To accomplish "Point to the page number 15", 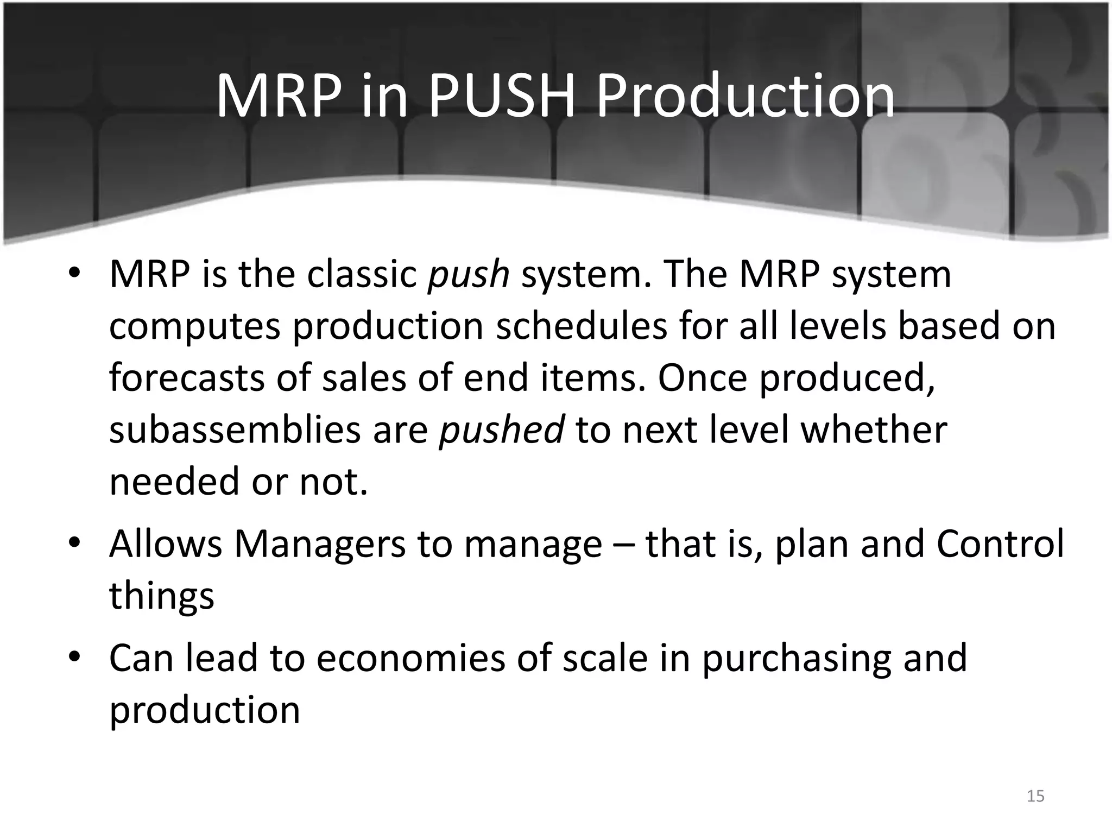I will [1035, 796].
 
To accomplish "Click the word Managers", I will [320, 545].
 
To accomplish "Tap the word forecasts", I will [186, 378].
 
